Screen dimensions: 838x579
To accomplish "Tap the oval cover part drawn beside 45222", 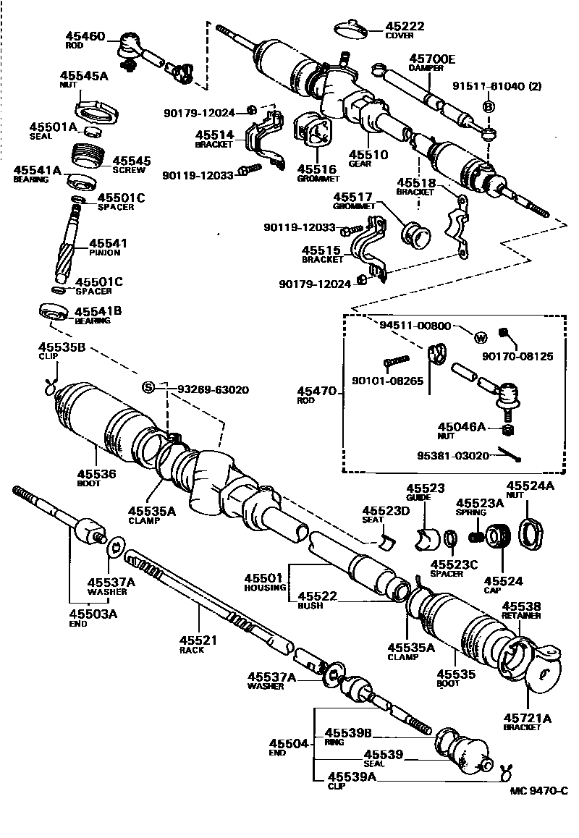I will pyautogui.click(x=352, y=27).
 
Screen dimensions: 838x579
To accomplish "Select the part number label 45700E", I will pyautogui.click(x=432, y=59).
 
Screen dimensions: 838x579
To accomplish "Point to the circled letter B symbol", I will pyautogui.click(x=488, y=107).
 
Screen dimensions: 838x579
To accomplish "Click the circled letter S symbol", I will pyautogui.click(x=148, y=387).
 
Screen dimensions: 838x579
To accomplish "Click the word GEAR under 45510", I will pyautogui.click(x=360, y=164).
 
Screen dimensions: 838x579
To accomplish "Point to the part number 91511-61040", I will pyautogui.click(x=489, y=86).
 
